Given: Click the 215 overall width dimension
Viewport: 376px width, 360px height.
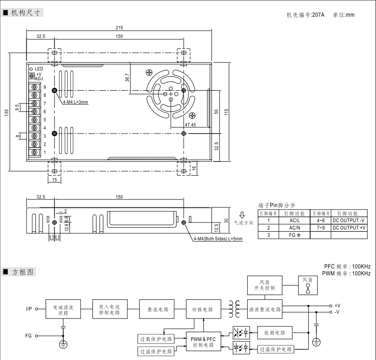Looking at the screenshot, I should click(119, 28).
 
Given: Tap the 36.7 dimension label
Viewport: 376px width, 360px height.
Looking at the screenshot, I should click(127, 78).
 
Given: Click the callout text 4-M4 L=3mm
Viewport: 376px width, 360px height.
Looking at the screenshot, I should click(75, 102).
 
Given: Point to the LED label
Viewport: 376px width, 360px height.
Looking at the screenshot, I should click(38, 69).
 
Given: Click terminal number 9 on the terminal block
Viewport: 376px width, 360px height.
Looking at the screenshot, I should click(45, 87).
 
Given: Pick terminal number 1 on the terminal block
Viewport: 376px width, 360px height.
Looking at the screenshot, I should click(45, 153).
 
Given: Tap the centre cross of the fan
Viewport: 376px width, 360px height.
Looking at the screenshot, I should click(171, 93).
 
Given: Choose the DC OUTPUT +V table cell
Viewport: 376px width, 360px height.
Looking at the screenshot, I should click(349, 227).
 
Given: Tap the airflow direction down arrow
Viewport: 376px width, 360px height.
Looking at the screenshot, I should click(242, 215).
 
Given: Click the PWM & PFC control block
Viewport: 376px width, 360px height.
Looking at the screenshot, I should click(203, 342).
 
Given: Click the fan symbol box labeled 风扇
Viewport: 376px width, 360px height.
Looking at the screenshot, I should click(307, 285).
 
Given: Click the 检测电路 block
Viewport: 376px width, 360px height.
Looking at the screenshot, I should click(274, 333).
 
